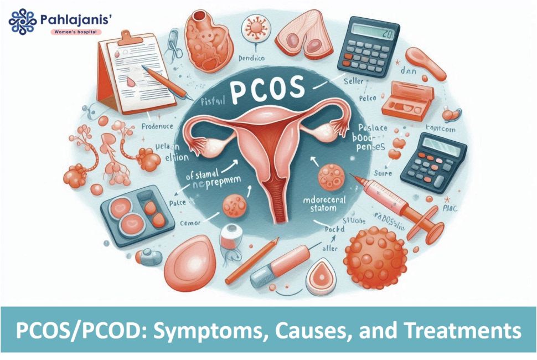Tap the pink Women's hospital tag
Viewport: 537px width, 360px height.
pyautogui.click(x=76, y=32)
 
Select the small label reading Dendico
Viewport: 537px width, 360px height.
pyautogui.click(x=254, y=57)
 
